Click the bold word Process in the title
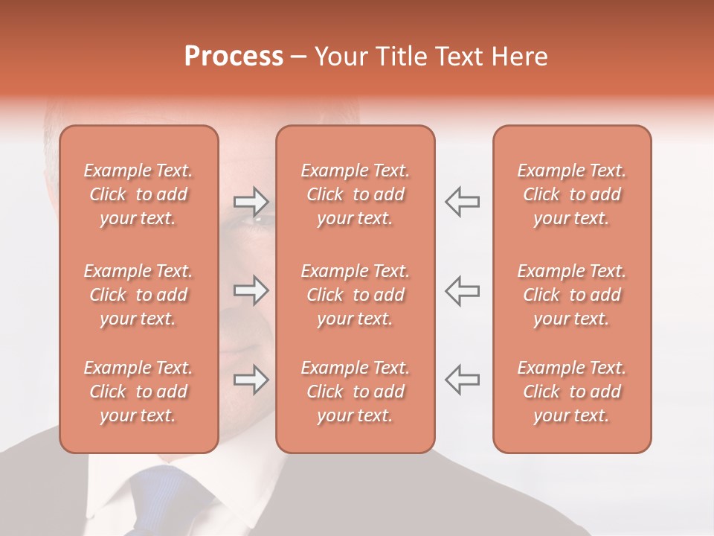coord(234,57)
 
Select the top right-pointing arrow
coord(251,201)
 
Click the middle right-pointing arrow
coord(251,290)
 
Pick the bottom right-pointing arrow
coord(251,380)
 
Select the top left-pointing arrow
coord(462,201)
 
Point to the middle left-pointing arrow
coord(462,290)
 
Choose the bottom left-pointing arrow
coord(462,380)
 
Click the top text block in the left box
coord(138,194)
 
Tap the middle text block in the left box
coord(138,295)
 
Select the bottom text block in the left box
coord(138,392)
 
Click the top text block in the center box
coord(356,194)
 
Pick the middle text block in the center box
coord(356,295)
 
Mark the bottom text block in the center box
coord(356,392)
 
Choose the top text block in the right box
coord(572,194)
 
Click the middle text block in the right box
coord(572,295)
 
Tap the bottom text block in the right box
coord(572,392)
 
